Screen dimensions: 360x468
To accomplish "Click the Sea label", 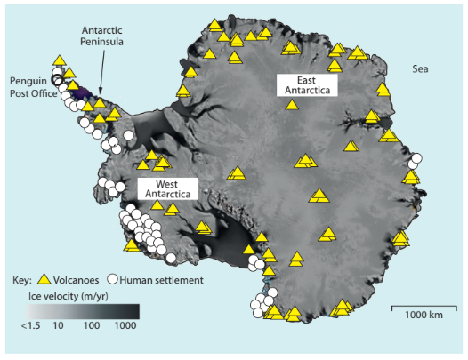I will click(x=422, y=68).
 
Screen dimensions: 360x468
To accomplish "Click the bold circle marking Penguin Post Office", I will click(x=58, y=79).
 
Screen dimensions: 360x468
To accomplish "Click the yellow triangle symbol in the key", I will click(x=49, y=279).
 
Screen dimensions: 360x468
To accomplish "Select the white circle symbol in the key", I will click(x=114, y=279).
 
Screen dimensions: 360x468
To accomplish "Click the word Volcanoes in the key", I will click(x=80, y=279).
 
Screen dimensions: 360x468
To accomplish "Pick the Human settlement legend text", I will click(x=163, y=279).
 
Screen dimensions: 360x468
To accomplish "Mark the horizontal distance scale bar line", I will click(x=420, y=305).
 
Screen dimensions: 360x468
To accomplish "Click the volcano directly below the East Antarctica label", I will click(x=292, y=105).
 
